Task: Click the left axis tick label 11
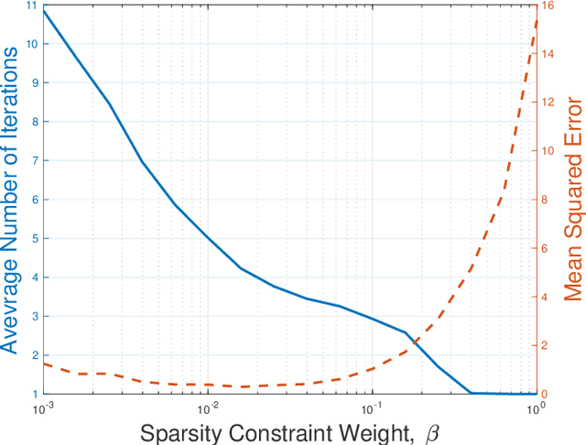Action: [33, 5]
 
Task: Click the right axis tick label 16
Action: [548, 5]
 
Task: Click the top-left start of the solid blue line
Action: [44, 10]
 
